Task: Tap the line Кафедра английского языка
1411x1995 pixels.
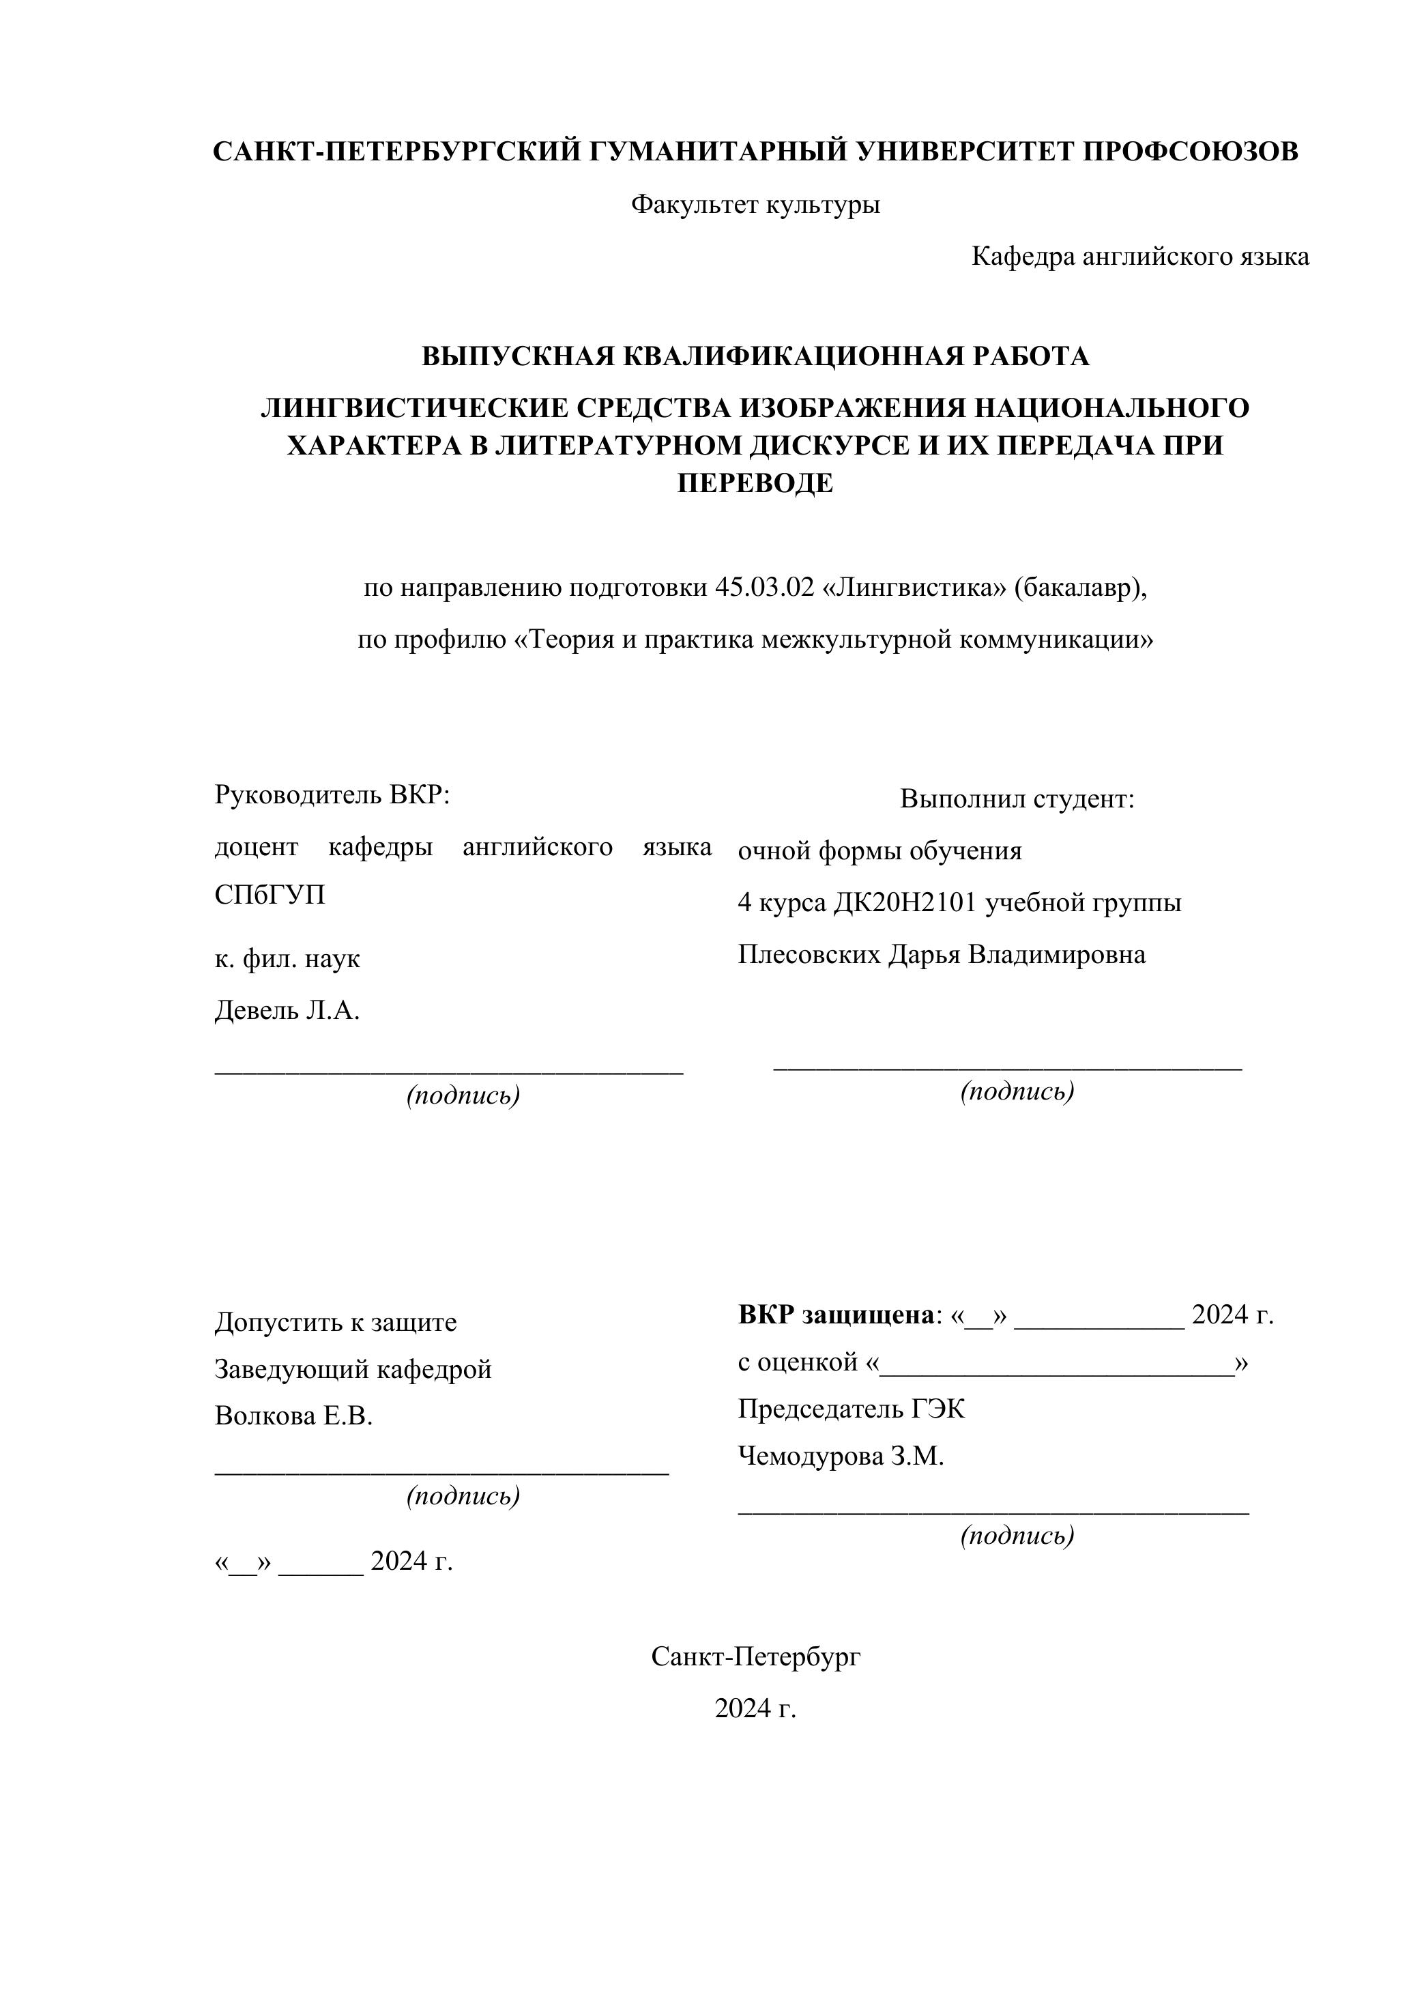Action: [1140, 257]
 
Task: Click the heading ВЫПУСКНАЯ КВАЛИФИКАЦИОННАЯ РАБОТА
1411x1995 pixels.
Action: [755, 357]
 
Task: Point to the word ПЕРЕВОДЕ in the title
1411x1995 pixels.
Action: [755, 483]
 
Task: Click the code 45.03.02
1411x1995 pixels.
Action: [765, 588]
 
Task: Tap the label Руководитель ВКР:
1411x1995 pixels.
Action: [332, 795]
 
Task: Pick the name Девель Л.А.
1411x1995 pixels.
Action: [287, 1011]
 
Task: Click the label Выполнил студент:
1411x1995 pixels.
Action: [1017, 799]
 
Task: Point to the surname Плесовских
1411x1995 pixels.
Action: [808, 955]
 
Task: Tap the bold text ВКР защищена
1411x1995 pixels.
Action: [835, 1315]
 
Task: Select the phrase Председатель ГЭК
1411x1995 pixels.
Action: [851, 1409]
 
